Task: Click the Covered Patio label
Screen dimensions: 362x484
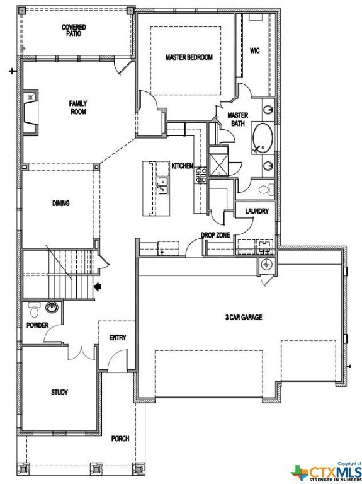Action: (74, 30)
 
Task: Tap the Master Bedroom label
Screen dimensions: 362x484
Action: (189, 57)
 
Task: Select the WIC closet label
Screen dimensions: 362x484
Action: (255, 50)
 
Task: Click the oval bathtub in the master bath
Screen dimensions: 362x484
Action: (263, 138)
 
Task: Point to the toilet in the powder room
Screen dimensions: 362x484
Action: (34, 310)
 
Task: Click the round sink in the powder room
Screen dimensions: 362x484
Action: (52, 308)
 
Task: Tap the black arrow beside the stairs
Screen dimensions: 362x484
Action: (97, 287)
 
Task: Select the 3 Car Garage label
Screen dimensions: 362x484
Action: (244, 317)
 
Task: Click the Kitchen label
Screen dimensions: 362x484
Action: (182, 166)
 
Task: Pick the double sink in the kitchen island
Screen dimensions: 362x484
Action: (162, 186)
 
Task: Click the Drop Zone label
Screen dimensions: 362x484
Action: (215, 235)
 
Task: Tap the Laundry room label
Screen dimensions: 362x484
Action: (257, 211)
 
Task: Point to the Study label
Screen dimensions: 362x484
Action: (60, 393)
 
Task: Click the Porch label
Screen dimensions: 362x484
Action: (120, 439)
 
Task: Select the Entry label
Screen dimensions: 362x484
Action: (118, 338)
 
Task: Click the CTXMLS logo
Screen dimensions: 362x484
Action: (326, 471)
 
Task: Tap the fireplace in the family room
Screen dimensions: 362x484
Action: (30, 112)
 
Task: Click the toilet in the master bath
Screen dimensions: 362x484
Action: (266, 190)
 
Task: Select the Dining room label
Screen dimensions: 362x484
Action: (60, 203)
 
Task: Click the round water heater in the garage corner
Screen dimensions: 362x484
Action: (266, 264)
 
